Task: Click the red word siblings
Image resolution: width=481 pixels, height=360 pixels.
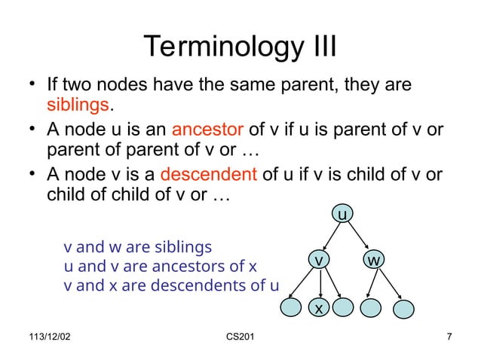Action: (79, 104)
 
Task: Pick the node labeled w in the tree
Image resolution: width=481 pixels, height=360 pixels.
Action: (374, 260)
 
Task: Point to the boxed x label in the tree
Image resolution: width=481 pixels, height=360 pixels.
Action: (320, 309)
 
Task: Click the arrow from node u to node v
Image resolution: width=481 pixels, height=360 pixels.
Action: (331, 237)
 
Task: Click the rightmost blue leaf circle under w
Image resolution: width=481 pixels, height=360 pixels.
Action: (405, 308)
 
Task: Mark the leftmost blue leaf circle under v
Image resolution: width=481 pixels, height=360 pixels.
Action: (290, 307)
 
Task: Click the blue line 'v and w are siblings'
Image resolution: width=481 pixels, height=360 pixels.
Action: (138, 247)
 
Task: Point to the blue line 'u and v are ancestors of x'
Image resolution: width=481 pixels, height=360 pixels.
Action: (161, 267)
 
